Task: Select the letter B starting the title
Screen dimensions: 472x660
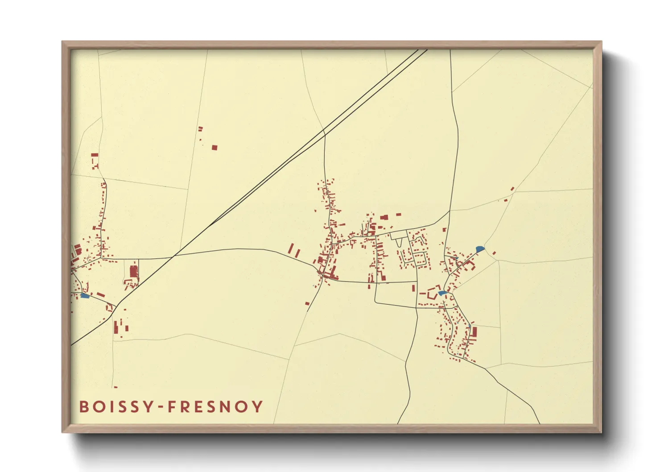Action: (x=83, y=407)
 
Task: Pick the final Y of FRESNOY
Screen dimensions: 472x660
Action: (x=258, y=407)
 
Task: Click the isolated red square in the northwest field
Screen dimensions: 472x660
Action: (x=214, y=147)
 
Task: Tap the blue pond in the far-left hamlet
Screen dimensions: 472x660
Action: (x=84, y=295)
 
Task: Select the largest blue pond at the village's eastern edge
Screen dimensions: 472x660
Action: (x=480, y=248)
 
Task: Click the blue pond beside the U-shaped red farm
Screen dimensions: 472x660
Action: (x=441, y=293)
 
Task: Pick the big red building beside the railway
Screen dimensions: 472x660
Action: (x=133, y=272)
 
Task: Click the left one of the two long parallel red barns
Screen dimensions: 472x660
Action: (x=292, y=249)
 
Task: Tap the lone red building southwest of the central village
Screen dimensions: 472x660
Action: (x=307, y=303)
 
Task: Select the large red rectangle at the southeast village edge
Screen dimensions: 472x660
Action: (x=474, y=332)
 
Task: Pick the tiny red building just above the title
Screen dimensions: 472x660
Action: (x=115, y=387)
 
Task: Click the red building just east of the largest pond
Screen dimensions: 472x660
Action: (x=494, y=253)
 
